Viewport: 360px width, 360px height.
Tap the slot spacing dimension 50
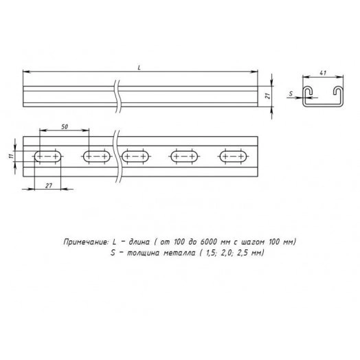tap(64, 126)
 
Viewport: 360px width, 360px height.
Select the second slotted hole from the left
tap(96, 157)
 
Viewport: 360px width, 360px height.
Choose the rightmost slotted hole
tap(232, 157)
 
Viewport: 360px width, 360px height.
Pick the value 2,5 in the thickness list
tap(244, 254)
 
